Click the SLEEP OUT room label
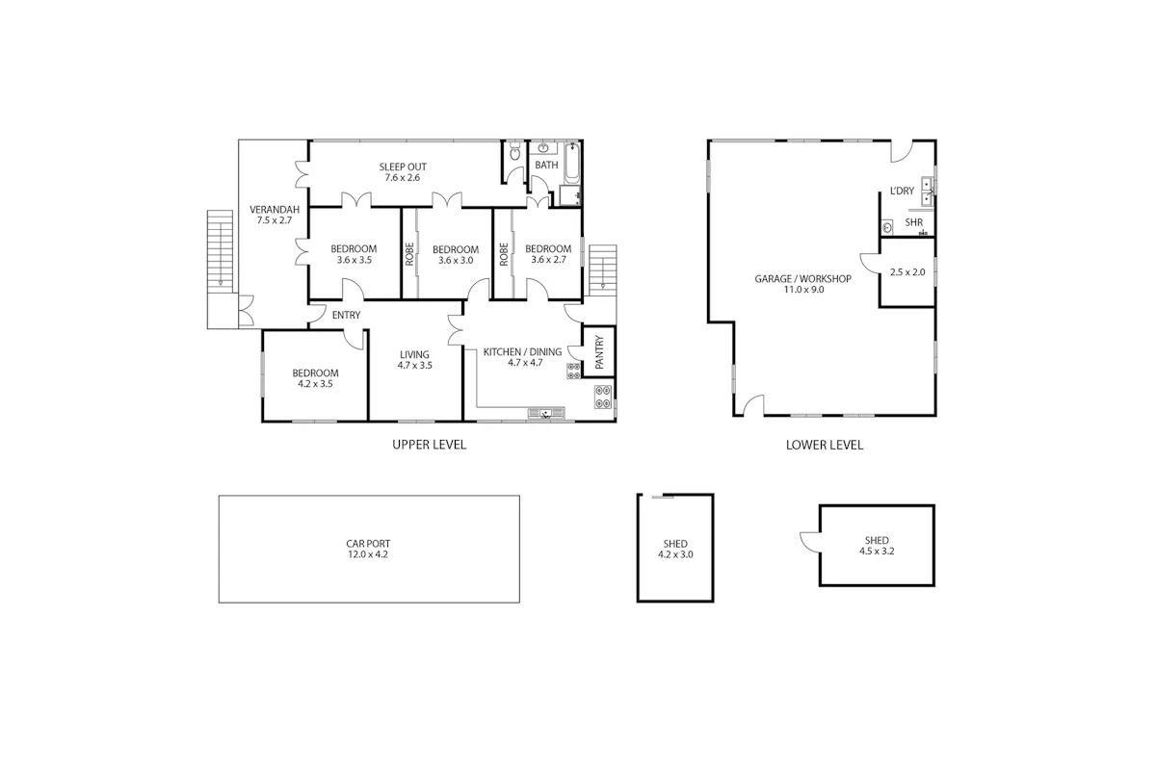(403, 167)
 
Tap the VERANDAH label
(275, 210)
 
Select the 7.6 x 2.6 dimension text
(403, 177)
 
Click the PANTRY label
(599, 351)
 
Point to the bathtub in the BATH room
(572, 163)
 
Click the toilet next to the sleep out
(514, 152)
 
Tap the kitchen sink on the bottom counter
(546, 413)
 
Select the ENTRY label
(346, 315)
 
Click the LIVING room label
(414, 354)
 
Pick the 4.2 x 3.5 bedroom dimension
(315, 384)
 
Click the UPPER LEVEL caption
(430, 445)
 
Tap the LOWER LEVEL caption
(825, 445)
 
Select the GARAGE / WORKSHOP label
(803, 278)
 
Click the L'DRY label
(902, 191)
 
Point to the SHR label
(914, 222)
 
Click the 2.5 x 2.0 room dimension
(907, 271)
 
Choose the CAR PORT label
(368, 544)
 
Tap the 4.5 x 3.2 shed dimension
(877, 551)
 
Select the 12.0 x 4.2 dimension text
(368, 554)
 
